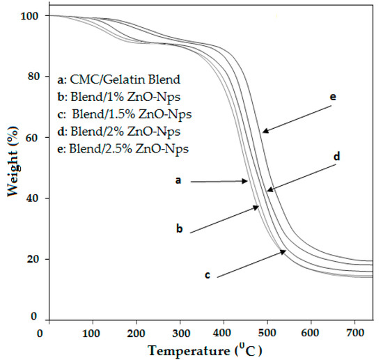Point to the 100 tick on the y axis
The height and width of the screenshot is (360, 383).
(27, 15)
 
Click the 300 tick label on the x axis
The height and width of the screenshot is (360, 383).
(180, 332)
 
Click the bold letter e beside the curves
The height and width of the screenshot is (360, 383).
(333, 97)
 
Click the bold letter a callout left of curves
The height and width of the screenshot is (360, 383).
(178, 180)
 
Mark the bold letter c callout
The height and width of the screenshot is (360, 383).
(208, 275)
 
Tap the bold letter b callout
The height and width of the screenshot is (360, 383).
(179, 228)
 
